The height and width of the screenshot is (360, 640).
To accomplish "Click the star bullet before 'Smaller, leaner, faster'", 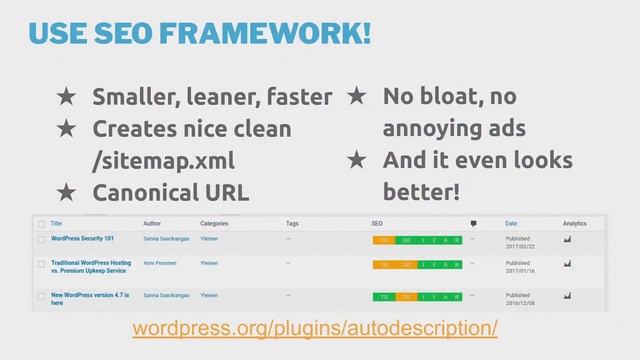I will pos(66,97).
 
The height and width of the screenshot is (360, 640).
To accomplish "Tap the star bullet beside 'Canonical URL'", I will pos(66,191).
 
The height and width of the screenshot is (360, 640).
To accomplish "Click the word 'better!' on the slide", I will pos(421,191).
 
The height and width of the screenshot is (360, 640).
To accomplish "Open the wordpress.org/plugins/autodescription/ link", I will pos(315,329).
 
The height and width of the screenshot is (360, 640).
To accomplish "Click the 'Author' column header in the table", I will pos(152,223).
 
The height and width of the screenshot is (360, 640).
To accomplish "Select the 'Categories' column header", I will pos(214,223).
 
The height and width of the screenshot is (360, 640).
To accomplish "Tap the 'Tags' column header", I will pos(292,223).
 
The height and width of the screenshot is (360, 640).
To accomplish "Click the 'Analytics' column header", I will pos(574,223).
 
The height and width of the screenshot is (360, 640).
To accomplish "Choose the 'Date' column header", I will pos(511,223).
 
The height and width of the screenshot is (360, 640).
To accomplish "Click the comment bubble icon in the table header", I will pos(473,224).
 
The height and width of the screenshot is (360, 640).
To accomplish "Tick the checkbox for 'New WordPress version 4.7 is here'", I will pos(41,297).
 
